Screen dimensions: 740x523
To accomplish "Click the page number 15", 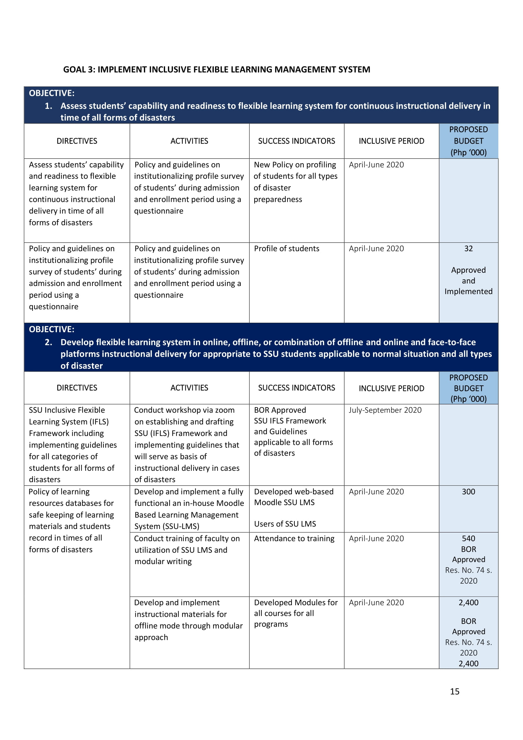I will (x=454, y=691).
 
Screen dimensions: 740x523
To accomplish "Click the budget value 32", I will (x=468, y=248).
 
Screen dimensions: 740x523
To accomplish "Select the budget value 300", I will (x=468, y=492).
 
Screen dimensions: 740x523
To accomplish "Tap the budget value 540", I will (x=468, y=538).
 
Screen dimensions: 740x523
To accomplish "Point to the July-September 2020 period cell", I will (x=385, y=410).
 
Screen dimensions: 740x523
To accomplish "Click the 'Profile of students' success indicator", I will (x=286, y=248).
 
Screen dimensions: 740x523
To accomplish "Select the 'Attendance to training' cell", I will (x=294, y=538).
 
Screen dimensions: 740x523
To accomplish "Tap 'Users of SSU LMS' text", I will (x=285, y=524).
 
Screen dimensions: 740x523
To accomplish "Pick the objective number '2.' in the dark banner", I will (x=49, y=342).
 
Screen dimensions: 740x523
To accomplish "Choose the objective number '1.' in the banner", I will (x=49, y=106).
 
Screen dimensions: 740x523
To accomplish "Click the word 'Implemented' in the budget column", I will (x=468, y=291).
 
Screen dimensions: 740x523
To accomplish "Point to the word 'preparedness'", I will (x=278, y=200).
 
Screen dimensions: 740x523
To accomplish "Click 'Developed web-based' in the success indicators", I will (x=293, y=492).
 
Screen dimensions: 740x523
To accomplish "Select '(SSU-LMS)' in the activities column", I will (x=167, y=526).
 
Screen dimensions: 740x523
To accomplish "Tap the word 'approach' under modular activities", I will (x=151, y=637).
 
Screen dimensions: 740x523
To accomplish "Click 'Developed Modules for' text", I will (x=296, y=602).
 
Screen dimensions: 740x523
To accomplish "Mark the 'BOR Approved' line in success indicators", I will (x=280, y=410).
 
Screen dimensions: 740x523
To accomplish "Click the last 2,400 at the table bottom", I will (x=468, y=663).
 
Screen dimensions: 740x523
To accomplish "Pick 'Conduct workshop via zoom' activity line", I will (x=184, y=410).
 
